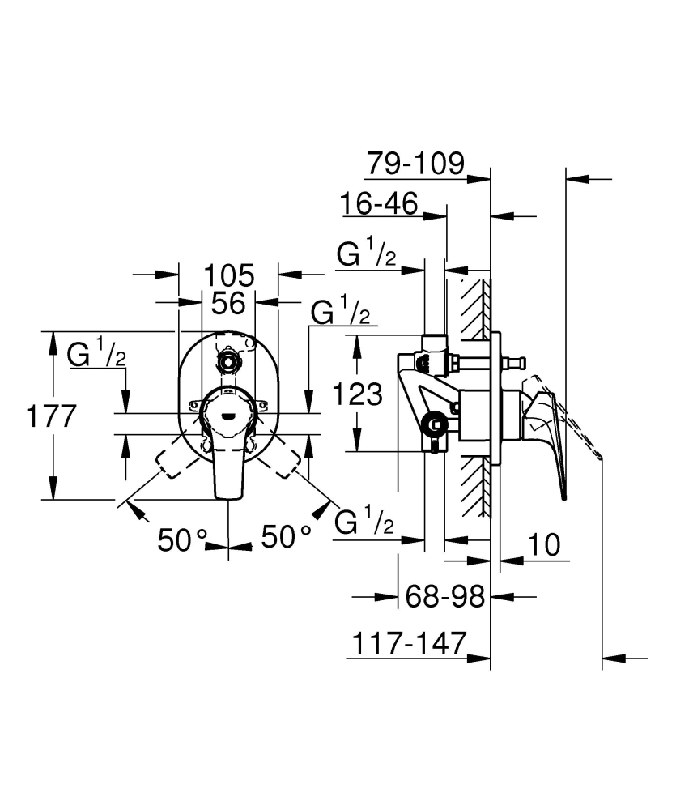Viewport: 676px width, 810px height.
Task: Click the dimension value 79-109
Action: [415, 164]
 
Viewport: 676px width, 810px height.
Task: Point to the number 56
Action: [227, 304]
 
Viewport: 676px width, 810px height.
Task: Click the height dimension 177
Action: [50, 417]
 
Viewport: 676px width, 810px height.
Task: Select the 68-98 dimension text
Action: [446, 597]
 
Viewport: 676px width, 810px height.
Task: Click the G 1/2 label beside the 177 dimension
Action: [96, 356]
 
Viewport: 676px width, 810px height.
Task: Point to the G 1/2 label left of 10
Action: [364, 523]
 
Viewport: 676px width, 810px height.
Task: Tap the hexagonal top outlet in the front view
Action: [228, 356]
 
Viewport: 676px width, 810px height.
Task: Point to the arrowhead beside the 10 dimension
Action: [510, 559]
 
